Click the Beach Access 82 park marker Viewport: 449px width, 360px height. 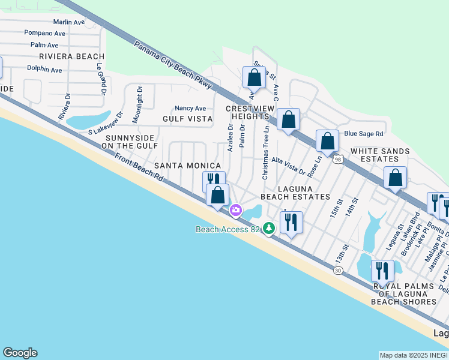(x=270, y=228)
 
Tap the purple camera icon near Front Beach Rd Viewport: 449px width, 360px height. (x=235, y=209)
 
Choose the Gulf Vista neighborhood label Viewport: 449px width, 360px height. (x=187, y=119)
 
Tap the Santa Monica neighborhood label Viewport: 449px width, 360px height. (x=188, y=165)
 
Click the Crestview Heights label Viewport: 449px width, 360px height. (x=250, y=112)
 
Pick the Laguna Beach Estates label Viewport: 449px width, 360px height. (x=295, y=192)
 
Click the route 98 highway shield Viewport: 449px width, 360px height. (x=338, y=159)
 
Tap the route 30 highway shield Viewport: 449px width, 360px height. (x=337, y=271)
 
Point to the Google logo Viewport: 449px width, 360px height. (x=20, y=353)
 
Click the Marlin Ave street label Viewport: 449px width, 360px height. (x=68, y=22)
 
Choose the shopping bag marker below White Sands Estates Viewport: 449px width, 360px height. (x=396, y=178)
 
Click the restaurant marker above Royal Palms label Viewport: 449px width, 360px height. (x=381, y=271)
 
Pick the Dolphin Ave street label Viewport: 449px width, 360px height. (x=44, y=70)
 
